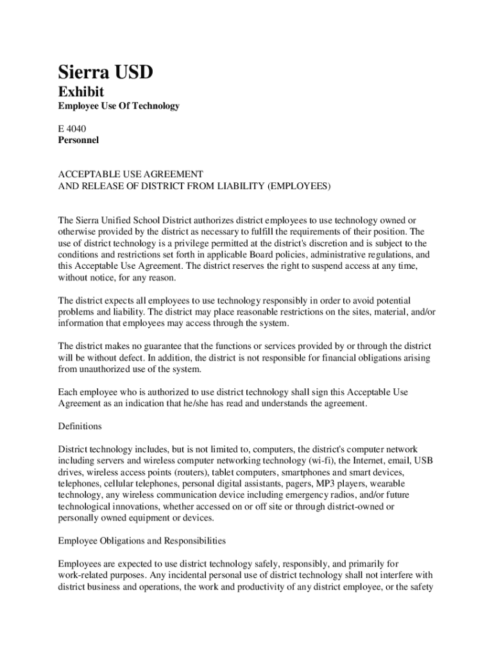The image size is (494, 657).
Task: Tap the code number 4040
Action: click(76, 128)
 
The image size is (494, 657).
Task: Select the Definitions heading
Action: click(80, 426)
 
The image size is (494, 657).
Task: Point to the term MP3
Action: click(337, 484)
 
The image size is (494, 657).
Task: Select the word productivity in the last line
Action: click(275, 586)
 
